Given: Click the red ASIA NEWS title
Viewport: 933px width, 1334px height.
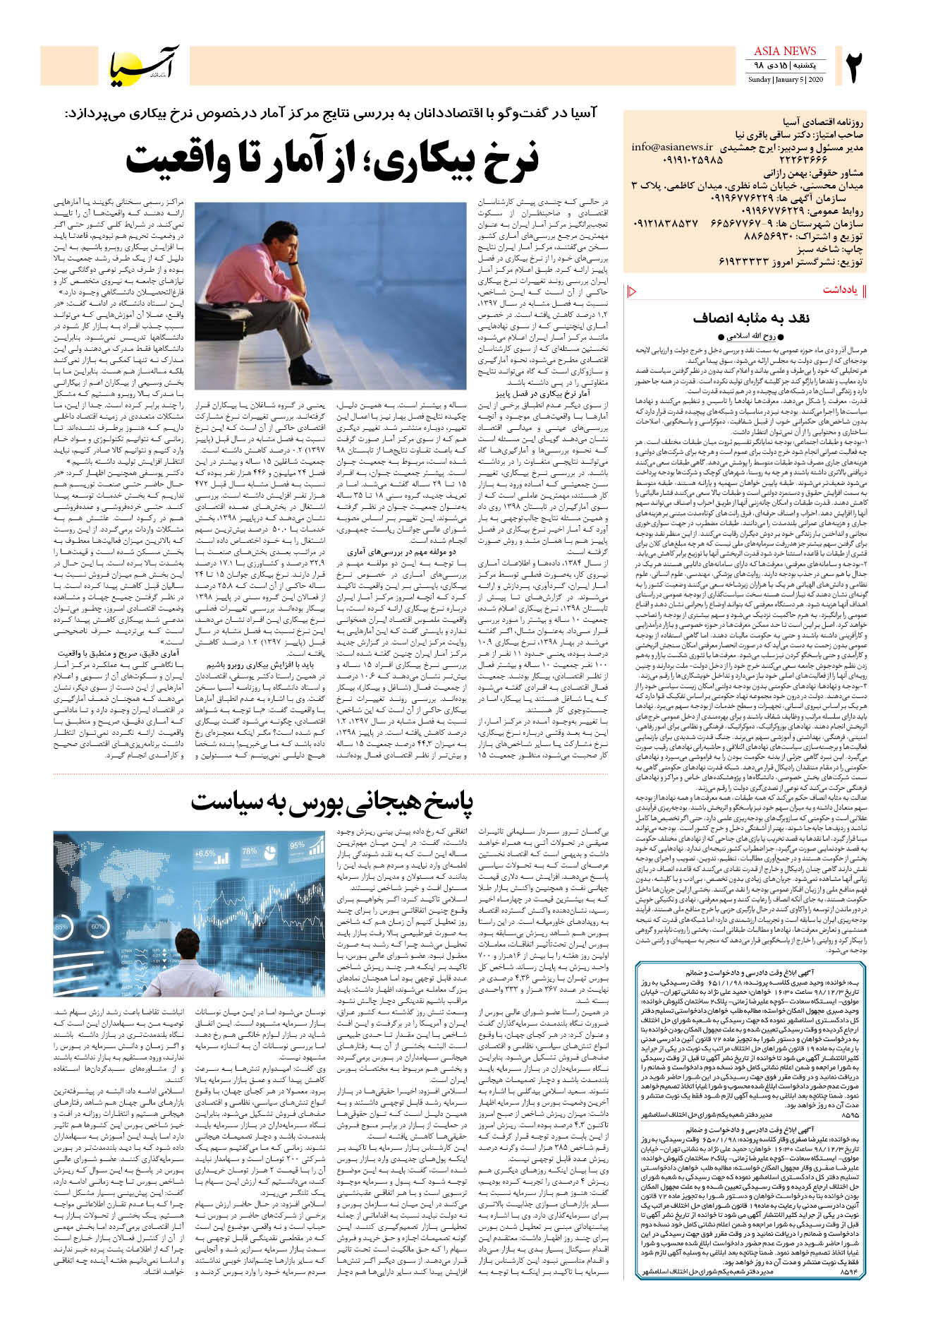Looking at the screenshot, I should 784,51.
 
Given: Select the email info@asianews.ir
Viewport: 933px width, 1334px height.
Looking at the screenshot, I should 672,148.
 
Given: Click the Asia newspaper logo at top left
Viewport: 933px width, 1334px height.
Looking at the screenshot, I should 145,66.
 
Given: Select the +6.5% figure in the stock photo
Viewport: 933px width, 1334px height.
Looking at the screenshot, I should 205,854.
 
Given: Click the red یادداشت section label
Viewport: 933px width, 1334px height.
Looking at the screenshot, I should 839,291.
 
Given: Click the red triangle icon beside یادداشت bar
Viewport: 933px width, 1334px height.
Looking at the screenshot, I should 632,291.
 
